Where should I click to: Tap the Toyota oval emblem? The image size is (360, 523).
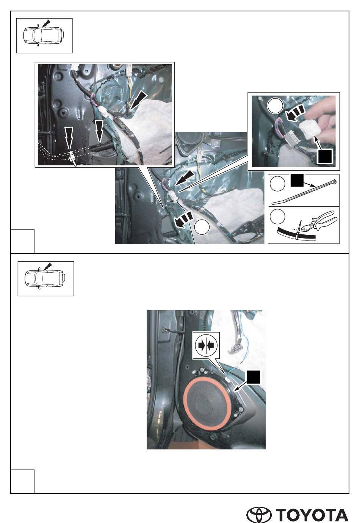pos(259,513)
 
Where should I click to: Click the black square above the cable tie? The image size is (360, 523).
pos(297,180)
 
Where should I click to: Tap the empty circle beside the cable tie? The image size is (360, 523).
pos(277,184)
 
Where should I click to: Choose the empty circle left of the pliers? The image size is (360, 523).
pos(277,217)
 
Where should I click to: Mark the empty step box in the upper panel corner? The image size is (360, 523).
pos(22,241)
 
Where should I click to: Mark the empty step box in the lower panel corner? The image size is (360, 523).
pos(22,481)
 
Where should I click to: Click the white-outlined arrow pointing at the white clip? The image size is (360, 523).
pos(69,138)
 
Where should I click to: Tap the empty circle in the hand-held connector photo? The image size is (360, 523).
pos(275,106)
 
